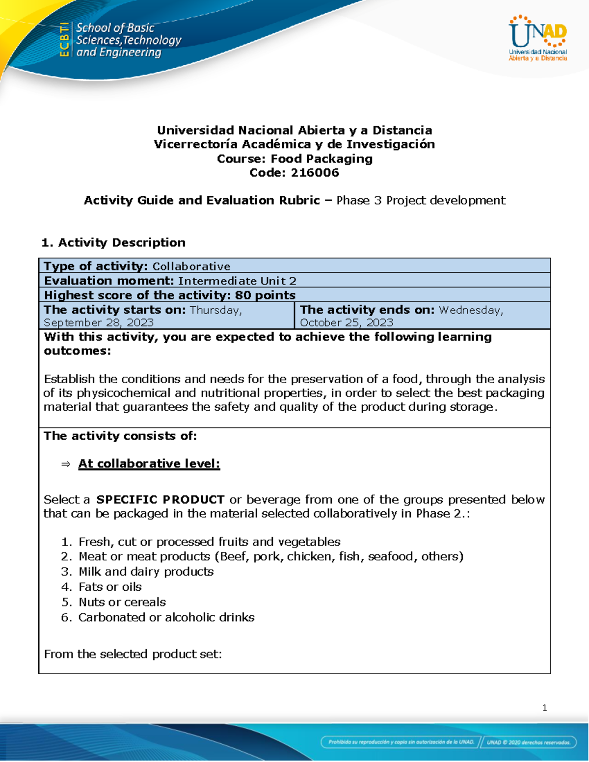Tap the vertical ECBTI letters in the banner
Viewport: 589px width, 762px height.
(64, 40)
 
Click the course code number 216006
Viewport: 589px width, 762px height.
(315, 173)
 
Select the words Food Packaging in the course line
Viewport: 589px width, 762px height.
(321, 158)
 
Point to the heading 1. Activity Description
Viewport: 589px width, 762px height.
(113, 242)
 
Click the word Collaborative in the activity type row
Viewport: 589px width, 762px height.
(191, 266)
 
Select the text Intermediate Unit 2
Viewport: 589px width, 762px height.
(237, 281)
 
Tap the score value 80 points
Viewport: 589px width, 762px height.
(265, 295)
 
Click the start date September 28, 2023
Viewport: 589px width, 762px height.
(99, 322)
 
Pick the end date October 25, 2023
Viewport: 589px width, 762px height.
(347, 322)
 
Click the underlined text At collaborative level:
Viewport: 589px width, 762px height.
(149, 464)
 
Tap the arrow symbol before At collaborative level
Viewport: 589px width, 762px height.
(66, 464)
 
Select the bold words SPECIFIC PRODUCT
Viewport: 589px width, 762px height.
(161, 499)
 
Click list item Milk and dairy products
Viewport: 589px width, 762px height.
(146, 572)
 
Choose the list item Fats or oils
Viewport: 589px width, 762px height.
(110, 587)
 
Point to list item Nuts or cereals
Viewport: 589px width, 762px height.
(122, 602)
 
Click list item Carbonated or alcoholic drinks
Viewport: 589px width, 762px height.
(166, 617)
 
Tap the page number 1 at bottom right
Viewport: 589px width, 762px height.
(544, 708)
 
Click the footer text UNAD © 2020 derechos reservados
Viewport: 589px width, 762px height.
(528, 742)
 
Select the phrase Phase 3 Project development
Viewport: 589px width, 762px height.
(421, 200)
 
